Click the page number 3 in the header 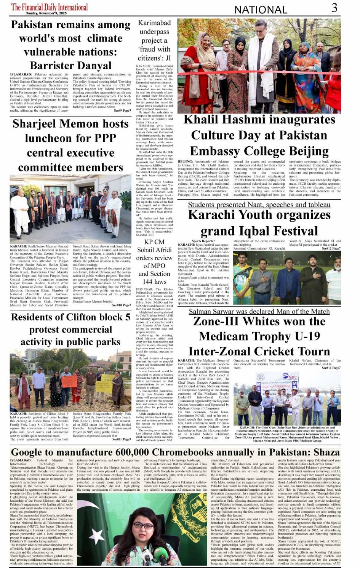tap(334, 8)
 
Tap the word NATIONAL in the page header tap(261, 10)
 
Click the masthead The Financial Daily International tap(50, 6)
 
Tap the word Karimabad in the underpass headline tap(154, 23)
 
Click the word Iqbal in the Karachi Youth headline tap(243, 231)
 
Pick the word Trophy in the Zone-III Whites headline tap(275, 336)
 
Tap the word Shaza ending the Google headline tap(326, 452)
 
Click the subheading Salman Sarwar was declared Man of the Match tap(259, 312)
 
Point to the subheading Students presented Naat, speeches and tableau tap(259, 205)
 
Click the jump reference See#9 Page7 tap(122, 110)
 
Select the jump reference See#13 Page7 tap(331, 368)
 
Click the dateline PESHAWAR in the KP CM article tap(144, 290)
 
